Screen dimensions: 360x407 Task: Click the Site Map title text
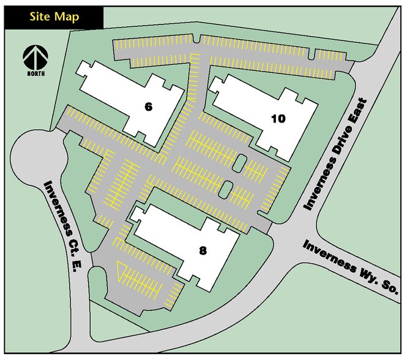[54, 17]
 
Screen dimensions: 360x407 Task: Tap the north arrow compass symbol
[35, 58]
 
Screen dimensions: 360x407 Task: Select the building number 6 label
[147, 107]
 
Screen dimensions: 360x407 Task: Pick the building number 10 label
[278, 119]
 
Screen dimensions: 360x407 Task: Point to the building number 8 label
[203, 250]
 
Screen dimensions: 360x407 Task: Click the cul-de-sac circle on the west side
[37, 158]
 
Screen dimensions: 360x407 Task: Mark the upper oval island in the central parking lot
[241, 163]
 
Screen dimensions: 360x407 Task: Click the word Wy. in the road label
[364, 276]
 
